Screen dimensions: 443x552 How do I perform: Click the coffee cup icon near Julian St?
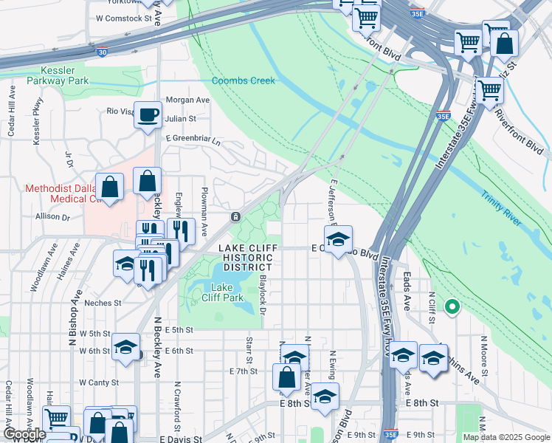(148, 114)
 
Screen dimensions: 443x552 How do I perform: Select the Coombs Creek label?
(244, 80)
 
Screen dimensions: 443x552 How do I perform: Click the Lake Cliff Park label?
(222, 292)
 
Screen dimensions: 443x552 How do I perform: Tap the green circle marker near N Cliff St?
(452, 306)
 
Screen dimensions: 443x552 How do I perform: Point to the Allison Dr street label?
(52, 218)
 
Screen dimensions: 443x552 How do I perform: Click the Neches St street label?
(103, 303)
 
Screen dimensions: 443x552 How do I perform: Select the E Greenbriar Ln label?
(193, 139)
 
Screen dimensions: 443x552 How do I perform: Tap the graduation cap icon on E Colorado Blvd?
(338, 238)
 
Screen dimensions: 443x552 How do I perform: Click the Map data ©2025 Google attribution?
(506, 437)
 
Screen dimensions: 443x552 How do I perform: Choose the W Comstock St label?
(124, 18)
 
